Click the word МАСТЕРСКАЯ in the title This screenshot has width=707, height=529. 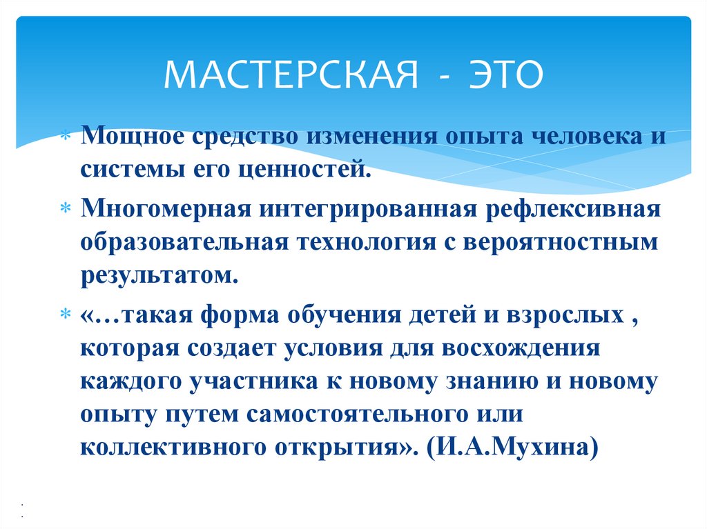(290, 75)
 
